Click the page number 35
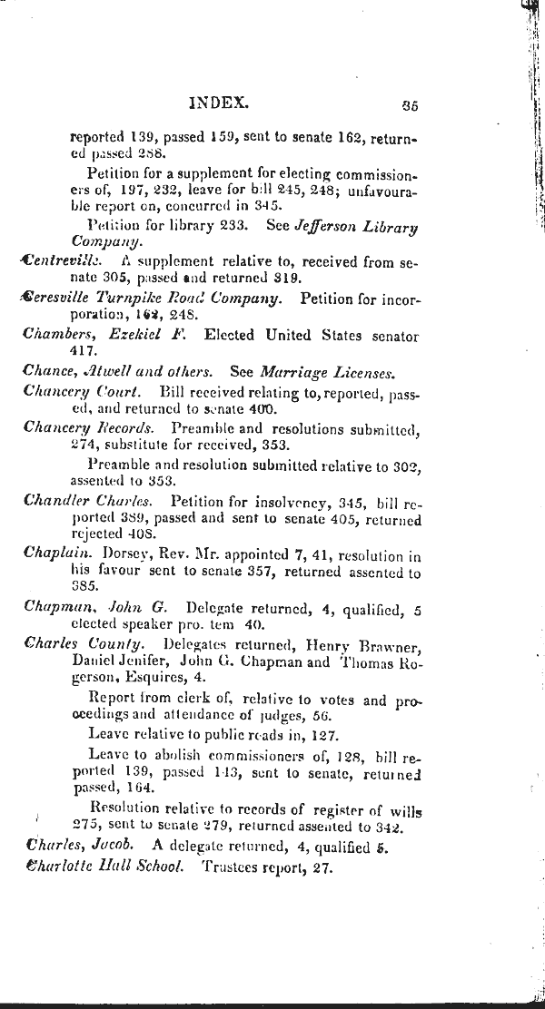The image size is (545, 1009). tap(408, 105)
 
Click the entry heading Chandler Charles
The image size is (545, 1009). tap(91, 500)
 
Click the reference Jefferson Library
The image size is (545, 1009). tap(359, 226)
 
